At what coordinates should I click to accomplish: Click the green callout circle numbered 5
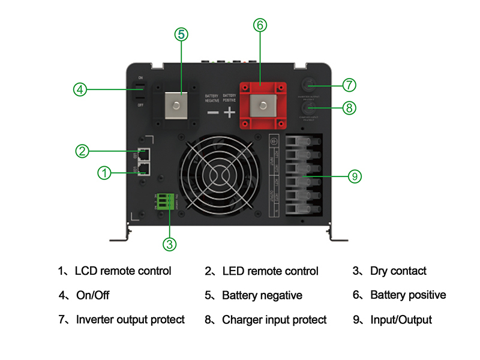[182, 34]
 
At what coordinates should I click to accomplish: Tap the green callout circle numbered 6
[259, 25]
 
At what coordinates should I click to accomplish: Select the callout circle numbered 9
[355, 176]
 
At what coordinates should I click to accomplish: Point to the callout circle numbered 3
[170, 244]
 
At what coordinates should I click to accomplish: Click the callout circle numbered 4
[80, 90]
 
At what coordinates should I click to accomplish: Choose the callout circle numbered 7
[350, 83]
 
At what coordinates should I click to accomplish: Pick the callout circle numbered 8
[350, 108]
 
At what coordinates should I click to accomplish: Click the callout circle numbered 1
[104, 173]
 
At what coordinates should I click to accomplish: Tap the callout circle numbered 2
[83, 151]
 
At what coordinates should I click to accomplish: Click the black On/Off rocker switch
[140, 91]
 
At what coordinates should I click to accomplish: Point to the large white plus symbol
[229, 112]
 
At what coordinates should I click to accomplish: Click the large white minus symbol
[212, 112]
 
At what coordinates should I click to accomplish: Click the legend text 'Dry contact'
[398, 271]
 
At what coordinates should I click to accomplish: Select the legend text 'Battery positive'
[408, 295]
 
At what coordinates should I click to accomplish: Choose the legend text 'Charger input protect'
[274, 320]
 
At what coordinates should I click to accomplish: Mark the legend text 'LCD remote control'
[123, 271]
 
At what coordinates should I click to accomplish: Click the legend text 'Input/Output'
[401, 320]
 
